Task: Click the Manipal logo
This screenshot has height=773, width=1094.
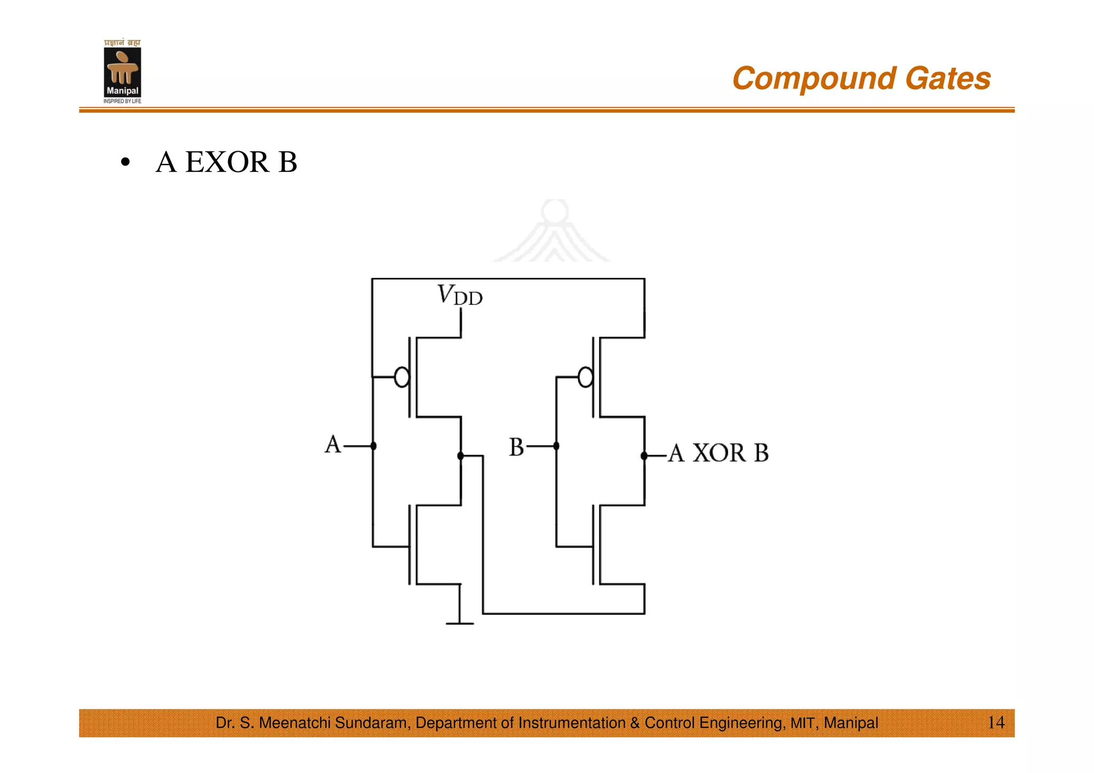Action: pyautogui.click(x=122, y=72)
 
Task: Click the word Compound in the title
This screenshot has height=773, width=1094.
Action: pyautogui.click(x=814, y=79)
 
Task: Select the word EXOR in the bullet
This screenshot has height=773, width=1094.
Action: pyautogui.click(x=227, y=162)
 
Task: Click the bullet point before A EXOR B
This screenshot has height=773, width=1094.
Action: pyautogui.click(x=125, y=162)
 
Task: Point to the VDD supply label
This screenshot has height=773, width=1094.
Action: pyautogui.click(x=459, y=295)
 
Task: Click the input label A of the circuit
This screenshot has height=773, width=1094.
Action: pyautogui.click(x=333, y=444)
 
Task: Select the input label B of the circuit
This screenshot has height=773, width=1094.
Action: pyautogui.click(x=516, y=447)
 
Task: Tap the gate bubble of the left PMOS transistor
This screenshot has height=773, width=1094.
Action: pyautogui.click(x=402, y=377)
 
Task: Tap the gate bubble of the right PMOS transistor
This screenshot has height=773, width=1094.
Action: pyautogui.click(x=585, y=377)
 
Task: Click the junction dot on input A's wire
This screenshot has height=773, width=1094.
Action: pyautogui.click(x=373, y=446)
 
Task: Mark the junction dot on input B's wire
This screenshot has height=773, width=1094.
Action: pyautogui.click(x=556, y=446)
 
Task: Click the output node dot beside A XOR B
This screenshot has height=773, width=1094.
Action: pyautogui.click(x=644, y=456)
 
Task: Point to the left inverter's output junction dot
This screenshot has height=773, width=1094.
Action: pyautogui.click(x=460, y=456)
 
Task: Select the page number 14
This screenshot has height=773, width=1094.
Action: pyautogui.click(x=996, y=723)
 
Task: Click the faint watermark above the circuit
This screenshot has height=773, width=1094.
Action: pyautogui.click(x=554, y=232)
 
